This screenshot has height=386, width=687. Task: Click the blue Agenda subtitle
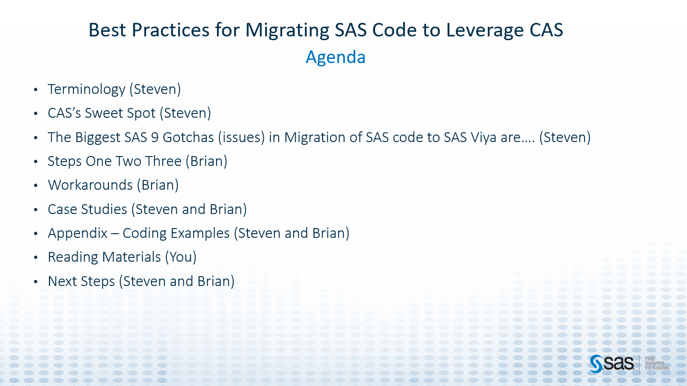(x=335, y=57)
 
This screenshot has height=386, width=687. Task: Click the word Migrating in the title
(x=287, y=30)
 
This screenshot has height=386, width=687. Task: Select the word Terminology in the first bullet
(x=87, y=89)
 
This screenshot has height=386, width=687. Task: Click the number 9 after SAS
(x=155, y=137)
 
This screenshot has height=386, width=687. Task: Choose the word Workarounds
(x=90, y=185)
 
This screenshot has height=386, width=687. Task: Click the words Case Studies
(x=87, y=209)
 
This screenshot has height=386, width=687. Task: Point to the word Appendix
(x=78, y=233)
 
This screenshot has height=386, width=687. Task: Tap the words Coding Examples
(x=176, y=233)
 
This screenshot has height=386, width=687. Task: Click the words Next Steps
(x=81, y=281)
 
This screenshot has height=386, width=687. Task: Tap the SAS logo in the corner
(x=612, y=364)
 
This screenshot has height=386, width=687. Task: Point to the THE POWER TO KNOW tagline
(x=656, y=364)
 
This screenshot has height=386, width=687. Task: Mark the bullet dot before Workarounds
(x=36, y=186)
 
